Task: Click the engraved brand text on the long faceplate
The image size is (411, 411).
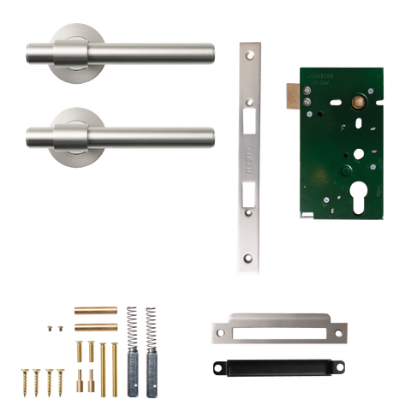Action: click(x=249, y=161)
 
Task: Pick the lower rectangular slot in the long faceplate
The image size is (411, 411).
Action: click(x=249, y=199)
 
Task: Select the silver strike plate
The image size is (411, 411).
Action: click(x=278, y=331)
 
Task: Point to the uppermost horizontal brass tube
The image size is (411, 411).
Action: click(x=95, y=309)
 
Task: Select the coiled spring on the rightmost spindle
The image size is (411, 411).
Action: click(x=151, y=325)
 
